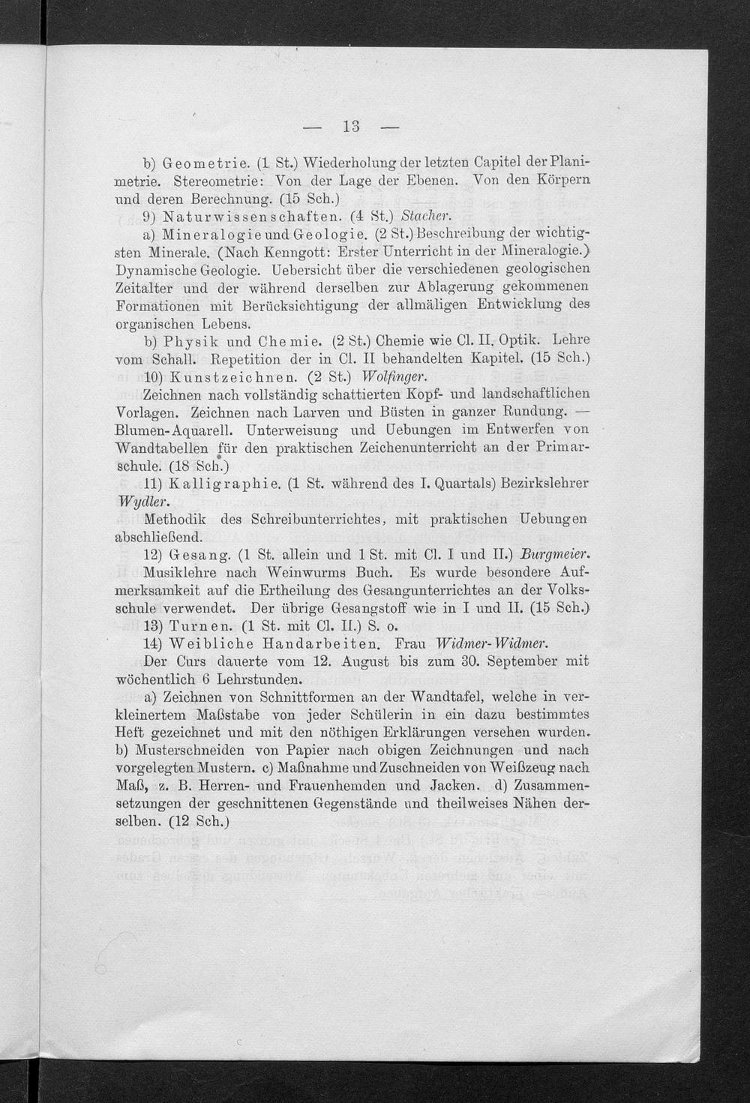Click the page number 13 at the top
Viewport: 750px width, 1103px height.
coord(351,127)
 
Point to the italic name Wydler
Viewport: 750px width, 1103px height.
coord(139,501)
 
